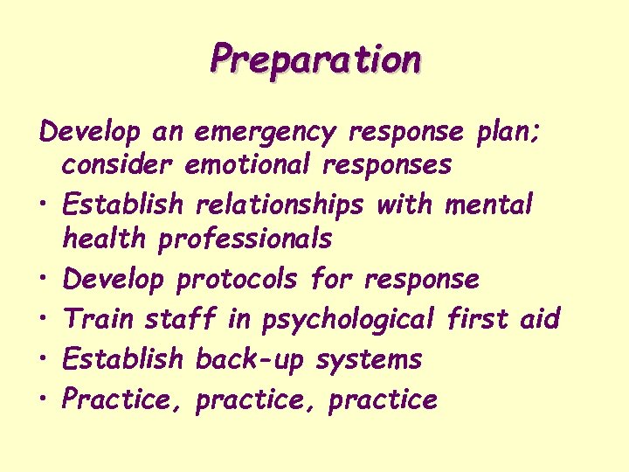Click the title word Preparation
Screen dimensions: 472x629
315,59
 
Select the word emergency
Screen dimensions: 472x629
265,132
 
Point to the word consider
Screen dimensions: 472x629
117,163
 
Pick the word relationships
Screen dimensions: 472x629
280,205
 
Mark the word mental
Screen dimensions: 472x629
488,205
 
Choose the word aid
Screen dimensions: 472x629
539,318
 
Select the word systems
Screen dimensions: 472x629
369,359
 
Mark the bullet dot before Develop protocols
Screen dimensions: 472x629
45,280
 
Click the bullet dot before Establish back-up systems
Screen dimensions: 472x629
45,359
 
